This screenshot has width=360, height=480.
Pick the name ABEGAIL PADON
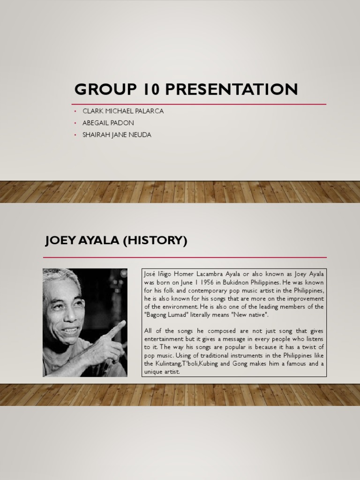[108, 123]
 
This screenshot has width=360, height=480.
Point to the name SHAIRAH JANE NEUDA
[117, 135]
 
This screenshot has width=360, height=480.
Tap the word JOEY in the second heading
[60, 241]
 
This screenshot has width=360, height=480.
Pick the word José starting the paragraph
[150, 274]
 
